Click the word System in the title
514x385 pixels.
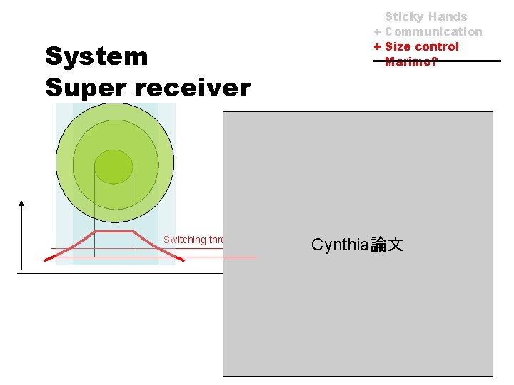pos(96,56)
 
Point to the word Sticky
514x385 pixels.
pos(404,16)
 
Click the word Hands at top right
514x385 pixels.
pos(448,16)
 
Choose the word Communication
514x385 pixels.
pos(433,31)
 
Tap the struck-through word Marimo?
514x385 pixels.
pos(411,61)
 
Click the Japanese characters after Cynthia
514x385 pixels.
pos(387,245)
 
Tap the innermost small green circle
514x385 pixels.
pos(114,167)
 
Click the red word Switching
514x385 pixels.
pos(184,240)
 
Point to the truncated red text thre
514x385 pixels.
pos(216,240)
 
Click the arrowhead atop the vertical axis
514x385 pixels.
pos(22,205)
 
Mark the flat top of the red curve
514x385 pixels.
pos(114,231)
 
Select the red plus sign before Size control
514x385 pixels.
pos(377,46)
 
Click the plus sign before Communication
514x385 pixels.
pos(377,31)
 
